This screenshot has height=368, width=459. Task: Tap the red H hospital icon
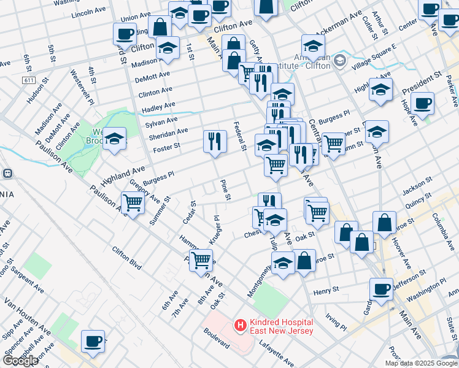click(241, 325)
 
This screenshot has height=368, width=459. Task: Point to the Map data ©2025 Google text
click(420, 363)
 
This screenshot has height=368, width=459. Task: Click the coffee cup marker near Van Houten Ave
click(93, 342)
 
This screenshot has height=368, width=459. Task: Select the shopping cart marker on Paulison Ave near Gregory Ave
click(133, 202)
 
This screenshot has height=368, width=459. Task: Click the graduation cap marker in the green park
click(114, 139)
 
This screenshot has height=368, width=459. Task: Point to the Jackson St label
click(414, 190)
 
